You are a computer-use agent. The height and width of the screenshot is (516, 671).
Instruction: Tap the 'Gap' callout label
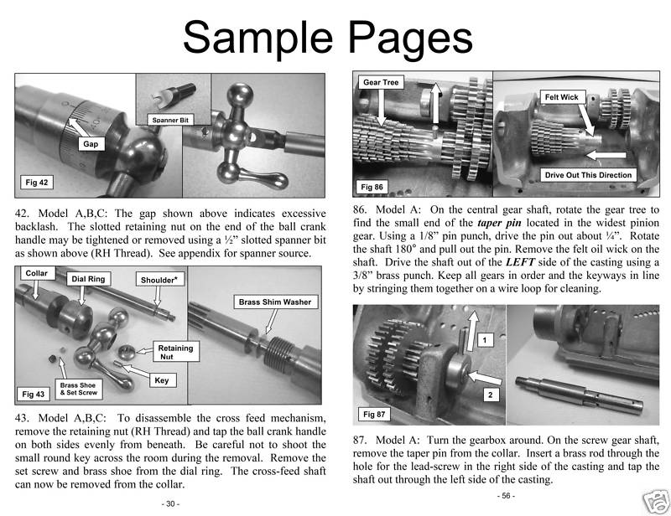pos(90,144)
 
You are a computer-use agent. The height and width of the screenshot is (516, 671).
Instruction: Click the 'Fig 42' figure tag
pos(38,182)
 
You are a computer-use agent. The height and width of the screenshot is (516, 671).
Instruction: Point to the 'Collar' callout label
pos(37,273)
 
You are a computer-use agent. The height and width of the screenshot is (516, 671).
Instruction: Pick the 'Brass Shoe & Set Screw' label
pos(81,389)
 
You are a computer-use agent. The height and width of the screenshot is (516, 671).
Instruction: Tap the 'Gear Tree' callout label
pos(380,83)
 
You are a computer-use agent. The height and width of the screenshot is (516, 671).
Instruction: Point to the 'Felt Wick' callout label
pos(561,97)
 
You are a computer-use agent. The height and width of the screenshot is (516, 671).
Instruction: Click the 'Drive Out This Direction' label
pos(588,175)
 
